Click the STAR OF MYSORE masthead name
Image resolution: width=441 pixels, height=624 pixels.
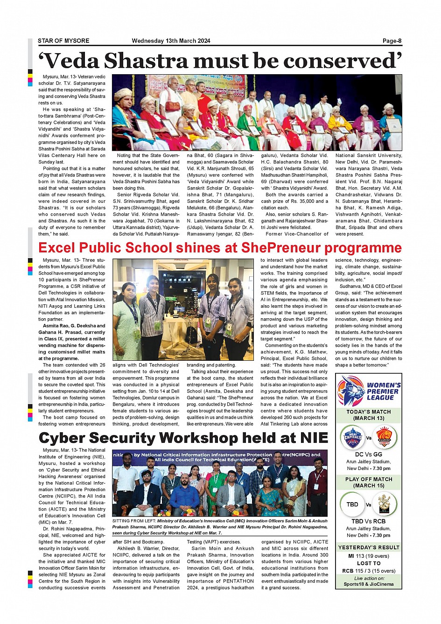click(63, 41)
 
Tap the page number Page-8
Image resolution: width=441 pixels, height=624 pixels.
click(392, 41)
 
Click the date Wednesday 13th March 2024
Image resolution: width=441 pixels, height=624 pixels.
click(171, 41)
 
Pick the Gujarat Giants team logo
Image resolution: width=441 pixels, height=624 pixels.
click(385, 437)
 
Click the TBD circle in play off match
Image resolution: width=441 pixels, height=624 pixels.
click(352, 505)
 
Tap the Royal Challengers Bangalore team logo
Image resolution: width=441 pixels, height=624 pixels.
click(385, 505)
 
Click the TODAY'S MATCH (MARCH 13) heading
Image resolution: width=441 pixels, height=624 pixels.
click(369, 415)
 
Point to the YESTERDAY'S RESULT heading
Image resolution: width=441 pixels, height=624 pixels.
click(369, 547)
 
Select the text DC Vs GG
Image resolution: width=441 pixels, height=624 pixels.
click(369, 454)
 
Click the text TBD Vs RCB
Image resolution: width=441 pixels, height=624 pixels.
click(369, 521)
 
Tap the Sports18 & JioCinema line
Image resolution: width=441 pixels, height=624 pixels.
click(369, 584)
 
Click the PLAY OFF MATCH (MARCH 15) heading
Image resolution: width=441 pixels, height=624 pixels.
click(369, 482)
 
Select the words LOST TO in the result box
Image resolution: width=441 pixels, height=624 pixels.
click(369, 563)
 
